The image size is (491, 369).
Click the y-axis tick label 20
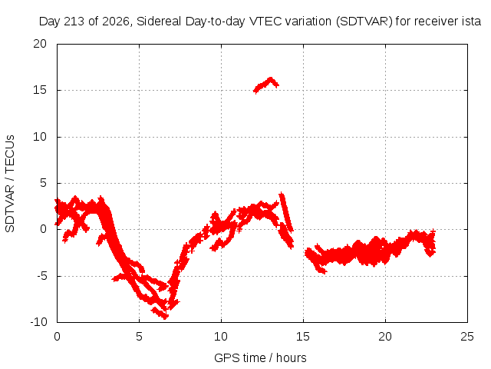tap(40, 44)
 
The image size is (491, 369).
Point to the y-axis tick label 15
tap(40, 90)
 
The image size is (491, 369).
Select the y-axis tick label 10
tap(40, 137)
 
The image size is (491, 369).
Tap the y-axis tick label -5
tap(41, 276)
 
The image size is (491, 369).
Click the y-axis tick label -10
tap(38, 322)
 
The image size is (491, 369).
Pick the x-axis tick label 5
tap(139, 337)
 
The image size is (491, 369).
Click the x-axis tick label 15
tap(303, 337)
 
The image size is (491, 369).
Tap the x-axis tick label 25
tap(467, 337)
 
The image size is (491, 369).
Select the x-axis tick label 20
tap(385, 337)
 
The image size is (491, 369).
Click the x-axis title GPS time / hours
tap(260, 357)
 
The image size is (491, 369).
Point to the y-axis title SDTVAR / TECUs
tap(10, 184)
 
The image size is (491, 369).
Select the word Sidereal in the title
tap(159, 22)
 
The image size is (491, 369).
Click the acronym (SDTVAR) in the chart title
tap(364, 22)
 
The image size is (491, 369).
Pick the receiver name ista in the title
tap(472, 22)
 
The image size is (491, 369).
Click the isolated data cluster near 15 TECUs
tap(266, 85)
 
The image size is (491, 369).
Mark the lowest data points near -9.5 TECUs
tap(160, 314)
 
